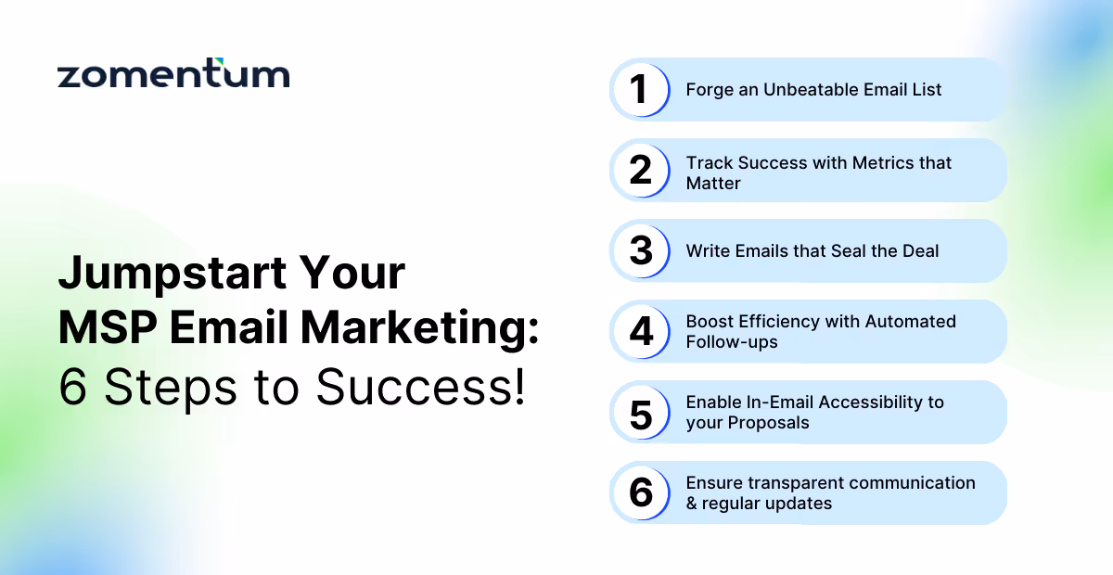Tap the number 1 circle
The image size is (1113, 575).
[x=640, y=90]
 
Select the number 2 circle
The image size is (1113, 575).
[x=640, y=171]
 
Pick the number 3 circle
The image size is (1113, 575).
[x=640, y=251]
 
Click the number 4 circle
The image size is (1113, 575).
[x=640, y=332]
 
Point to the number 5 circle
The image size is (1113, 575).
[x=640, y=413]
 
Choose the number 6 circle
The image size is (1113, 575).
[x=640, y=493]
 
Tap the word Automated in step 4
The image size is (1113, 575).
[x=910, y=322]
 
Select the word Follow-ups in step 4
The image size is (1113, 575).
[x=732, y=342]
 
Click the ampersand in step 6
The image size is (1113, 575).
[x=692, y=504]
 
